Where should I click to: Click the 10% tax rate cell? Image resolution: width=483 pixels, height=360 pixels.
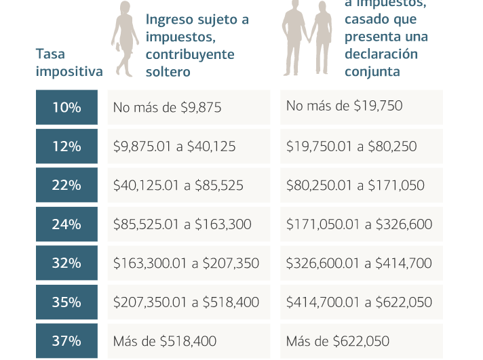coord(66,106)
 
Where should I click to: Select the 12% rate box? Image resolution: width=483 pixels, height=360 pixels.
coord(66,146)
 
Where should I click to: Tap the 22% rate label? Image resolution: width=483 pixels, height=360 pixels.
coord(66,184)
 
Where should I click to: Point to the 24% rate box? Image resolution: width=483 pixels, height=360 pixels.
coord(66,224)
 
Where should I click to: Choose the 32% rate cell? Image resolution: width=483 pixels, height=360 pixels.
coord(66,262)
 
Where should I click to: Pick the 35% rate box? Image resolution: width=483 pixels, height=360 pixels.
coord(66,302)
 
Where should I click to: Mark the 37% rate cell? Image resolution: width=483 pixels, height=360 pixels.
coord(66,340)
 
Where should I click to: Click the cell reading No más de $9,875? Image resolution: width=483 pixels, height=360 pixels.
coord(189,106)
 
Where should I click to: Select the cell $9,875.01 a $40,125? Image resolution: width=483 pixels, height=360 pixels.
coord(189,146)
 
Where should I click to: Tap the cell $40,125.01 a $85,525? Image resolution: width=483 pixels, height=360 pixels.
coord(189,184)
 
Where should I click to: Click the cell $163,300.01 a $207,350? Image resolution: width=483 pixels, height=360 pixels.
coord(189,262)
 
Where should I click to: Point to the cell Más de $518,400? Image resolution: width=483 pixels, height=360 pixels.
coord(189,340)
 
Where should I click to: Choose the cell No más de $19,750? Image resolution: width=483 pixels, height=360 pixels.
coord(362,106)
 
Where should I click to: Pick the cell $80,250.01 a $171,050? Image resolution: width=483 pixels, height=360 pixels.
coord(362,184)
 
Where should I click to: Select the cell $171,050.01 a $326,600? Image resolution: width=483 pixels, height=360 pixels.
coord(362,224)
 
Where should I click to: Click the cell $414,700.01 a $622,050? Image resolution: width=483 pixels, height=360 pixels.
coord(362,302)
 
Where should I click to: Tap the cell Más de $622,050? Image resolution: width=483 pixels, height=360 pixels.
coord(362,340)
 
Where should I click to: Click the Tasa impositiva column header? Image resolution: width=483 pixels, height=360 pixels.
coord(69,62)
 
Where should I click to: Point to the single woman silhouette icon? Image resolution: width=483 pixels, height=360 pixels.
coord(123,37)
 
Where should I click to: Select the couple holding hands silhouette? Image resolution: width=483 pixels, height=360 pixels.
coord(306,37)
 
